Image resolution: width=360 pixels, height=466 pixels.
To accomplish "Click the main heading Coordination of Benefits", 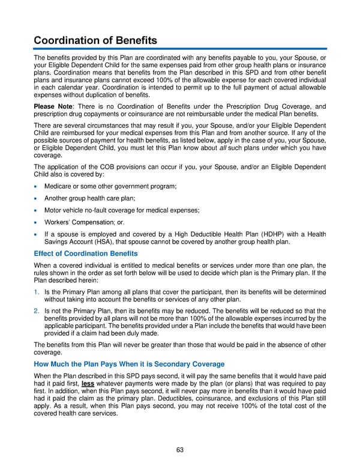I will pyautogui.click(x=95, y=40).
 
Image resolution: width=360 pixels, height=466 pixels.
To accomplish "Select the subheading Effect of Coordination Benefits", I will pyautogui.click(x=86, y=253).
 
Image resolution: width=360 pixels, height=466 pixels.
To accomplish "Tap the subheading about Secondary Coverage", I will pyautogui.click(x=129, y=364).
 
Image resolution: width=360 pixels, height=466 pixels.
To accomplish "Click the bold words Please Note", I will pyautogui.click(x=51, y=106).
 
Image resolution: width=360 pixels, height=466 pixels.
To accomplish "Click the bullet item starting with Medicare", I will pyautogui.click(x=110, y=187).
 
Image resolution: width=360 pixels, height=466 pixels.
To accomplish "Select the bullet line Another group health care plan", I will pyautogui.click(x=89, y=198).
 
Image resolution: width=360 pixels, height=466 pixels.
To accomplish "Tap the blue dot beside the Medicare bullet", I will pyautogui.click(x=37, y=187).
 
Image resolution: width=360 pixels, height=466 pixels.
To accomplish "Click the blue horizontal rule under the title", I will pyautogui.click(x=180, y=49).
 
